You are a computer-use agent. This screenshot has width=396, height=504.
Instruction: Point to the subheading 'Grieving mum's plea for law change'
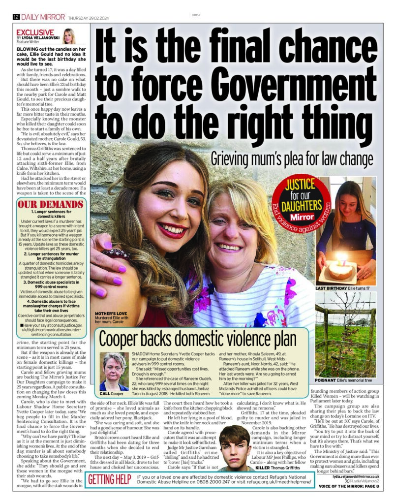click(x=292, y=158)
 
